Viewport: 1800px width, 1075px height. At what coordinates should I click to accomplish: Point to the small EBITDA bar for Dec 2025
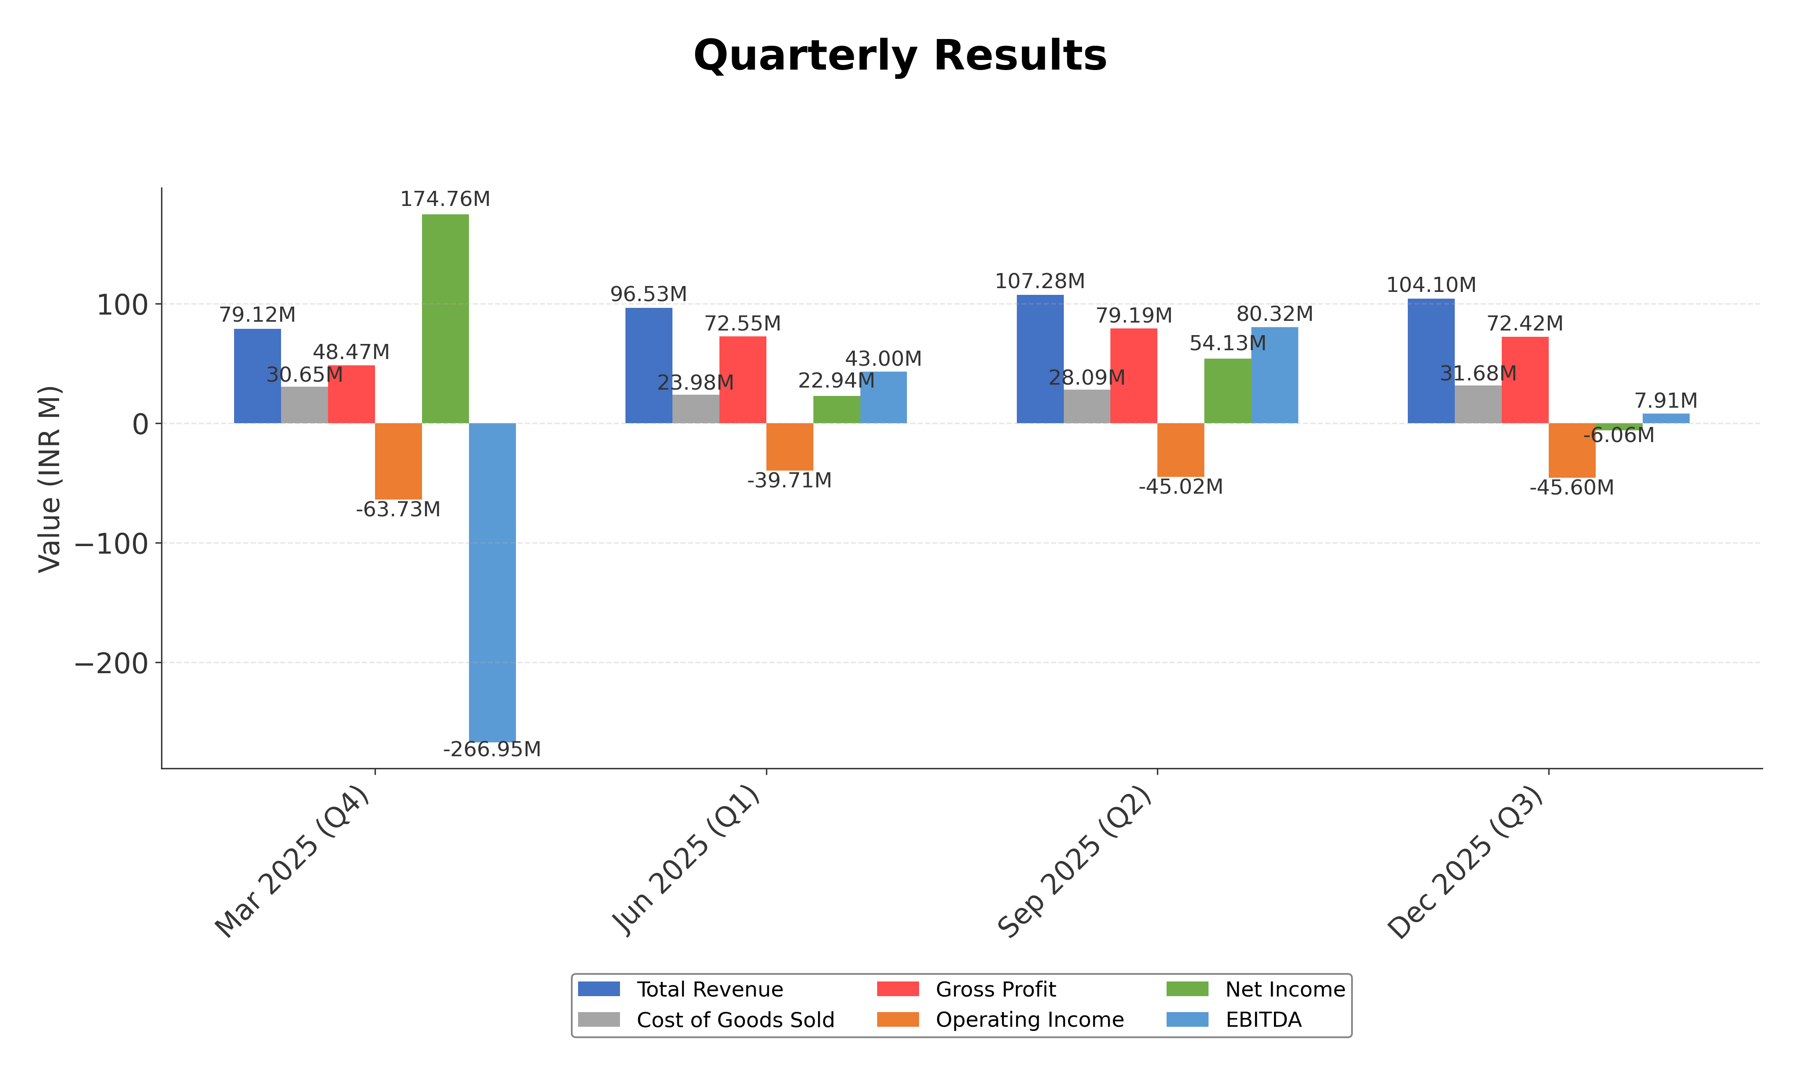[x=1666, y=419]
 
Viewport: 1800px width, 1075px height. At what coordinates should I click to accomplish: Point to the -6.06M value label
[x=1619, y=435]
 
